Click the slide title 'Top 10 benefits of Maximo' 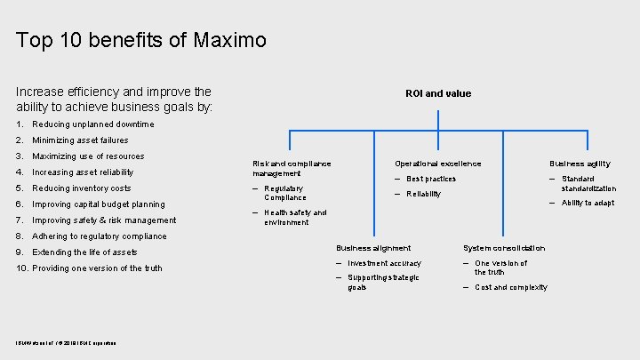[141, 41]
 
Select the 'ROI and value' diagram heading [438, 93]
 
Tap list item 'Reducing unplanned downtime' [92, 124]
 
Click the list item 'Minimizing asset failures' [80, 140]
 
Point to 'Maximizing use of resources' [88, 156]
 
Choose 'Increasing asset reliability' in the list [83, 172]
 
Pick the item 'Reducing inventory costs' [81, 188]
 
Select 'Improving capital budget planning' [98, 204]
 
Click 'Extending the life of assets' [84, 252]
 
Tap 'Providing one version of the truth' [97, 268]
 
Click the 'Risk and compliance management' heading [292, 168]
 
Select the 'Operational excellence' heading [438, 164]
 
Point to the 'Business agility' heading [580, 164]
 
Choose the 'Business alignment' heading [373, 248]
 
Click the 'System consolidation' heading [504, 248]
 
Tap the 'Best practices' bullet [431, 179]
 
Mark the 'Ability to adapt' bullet [588, 203]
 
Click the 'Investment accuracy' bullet [384, 263]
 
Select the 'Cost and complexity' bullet [511, 287]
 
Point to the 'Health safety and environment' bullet [295, 217]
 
